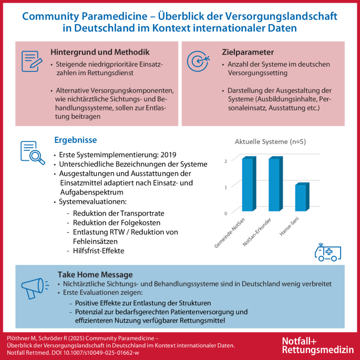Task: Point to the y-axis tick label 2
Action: tap(225, 161)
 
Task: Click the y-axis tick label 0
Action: tap(225, 213)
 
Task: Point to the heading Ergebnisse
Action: tap(75, 140)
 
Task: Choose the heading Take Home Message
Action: tap(95, 275)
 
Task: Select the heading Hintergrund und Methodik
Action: tap(100, 53)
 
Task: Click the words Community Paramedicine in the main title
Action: tap(80, 17)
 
